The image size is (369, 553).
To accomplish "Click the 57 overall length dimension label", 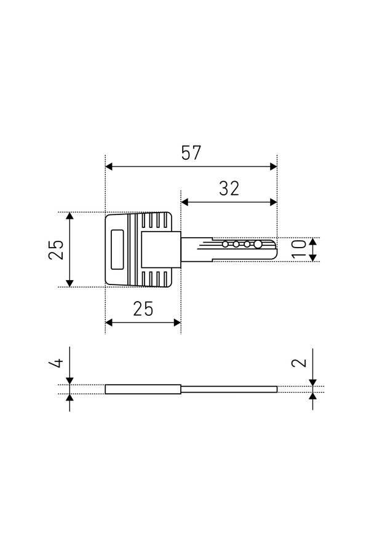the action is (191, 153).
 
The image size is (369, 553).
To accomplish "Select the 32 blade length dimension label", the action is (229, 189).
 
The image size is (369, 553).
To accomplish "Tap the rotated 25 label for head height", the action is (56, 249).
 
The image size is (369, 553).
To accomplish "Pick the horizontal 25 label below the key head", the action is (143, 309).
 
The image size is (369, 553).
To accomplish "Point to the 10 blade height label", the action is (299, 249).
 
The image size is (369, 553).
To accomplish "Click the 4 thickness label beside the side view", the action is (56, 362).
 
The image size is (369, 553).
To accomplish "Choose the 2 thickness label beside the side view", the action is (300, 363).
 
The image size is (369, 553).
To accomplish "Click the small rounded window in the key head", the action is (117, 249).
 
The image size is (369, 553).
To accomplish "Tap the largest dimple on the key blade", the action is (258, 244).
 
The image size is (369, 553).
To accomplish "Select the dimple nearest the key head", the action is (225, 244).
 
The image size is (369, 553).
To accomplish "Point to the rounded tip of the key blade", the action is (275, 249).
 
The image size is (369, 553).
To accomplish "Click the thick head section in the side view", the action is (143, 389).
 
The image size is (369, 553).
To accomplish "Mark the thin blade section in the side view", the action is (229, 389).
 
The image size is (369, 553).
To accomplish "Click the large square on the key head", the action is (161, 249).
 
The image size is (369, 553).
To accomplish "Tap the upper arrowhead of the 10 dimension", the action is (312, 241).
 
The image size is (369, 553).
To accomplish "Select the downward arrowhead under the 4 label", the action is (69, 380).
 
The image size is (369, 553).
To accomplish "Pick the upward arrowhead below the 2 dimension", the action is (313, 396).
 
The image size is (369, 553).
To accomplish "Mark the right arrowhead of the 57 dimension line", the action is (273, 167).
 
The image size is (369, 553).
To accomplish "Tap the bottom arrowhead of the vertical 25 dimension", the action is (70, 283).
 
